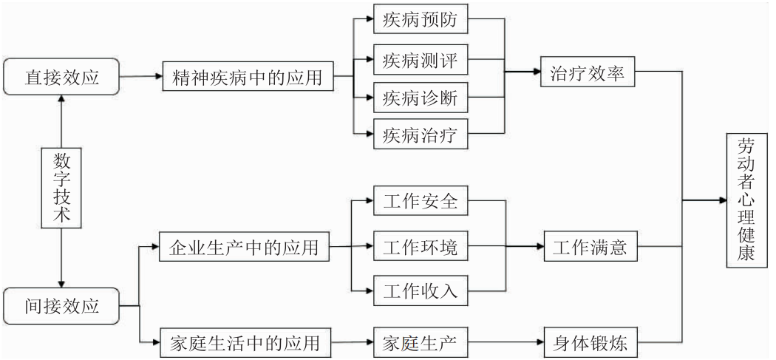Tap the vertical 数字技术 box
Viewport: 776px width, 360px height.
[61, 189]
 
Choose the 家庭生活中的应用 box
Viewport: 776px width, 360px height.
[244, 342]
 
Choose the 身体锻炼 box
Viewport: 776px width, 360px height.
[589, 342]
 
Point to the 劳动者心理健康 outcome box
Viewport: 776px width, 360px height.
[747, 200]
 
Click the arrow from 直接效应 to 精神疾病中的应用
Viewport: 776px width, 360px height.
[140, 76]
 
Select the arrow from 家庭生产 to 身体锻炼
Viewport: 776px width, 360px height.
[507, 342]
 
